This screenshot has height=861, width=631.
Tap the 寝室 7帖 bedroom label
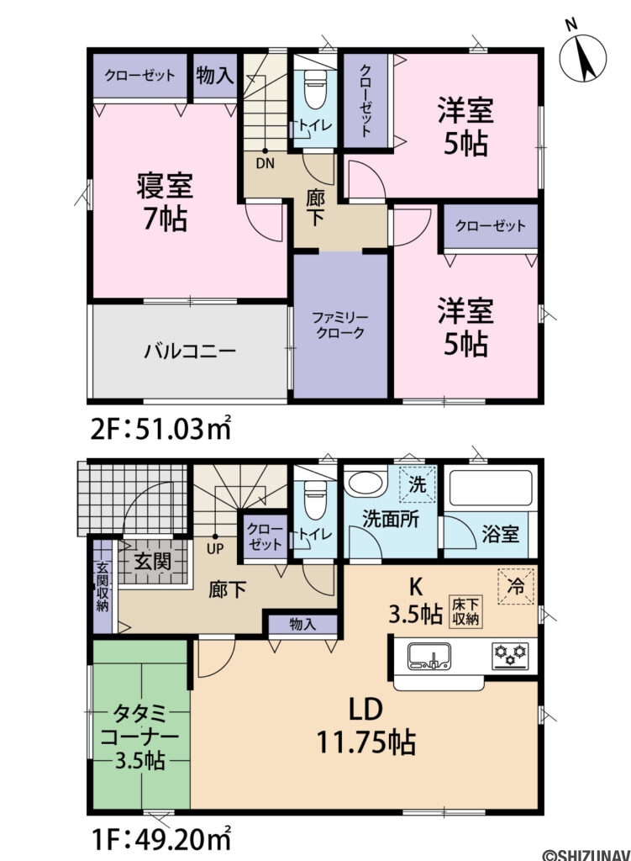click(x=165, y=201)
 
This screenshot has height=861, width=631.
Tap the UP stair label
click(x=215, y=551)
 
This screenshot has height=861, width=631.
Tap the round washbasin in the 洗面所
click(x=365, y=486)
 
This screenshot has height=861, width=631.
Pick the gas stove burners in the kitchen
click(x=507, y=654)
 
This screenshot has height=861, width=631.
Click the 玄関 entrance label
click(x=154, y=558)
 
